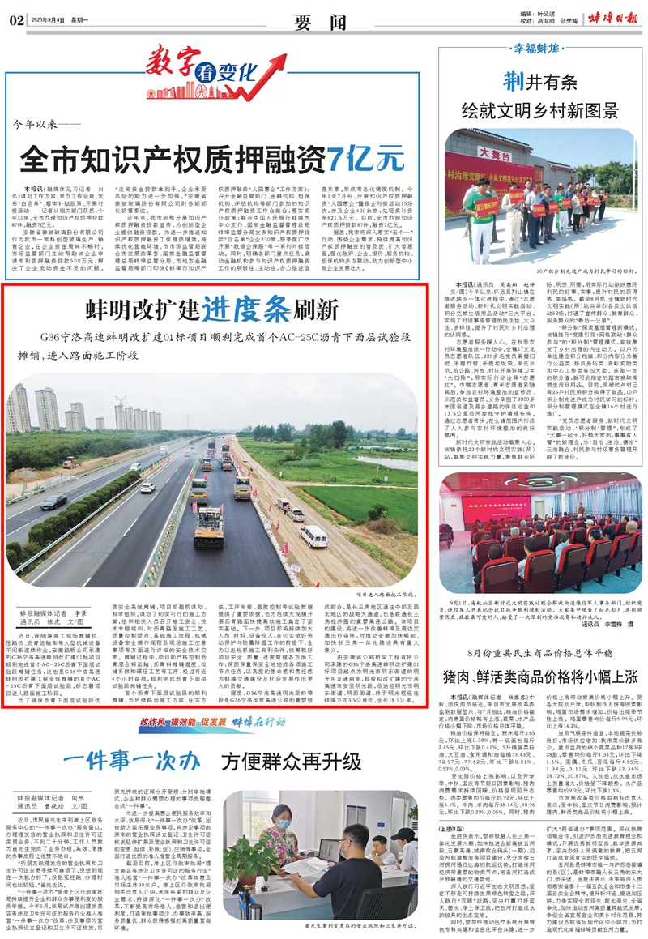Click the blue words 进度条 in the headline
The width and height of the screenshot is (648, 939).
click(x=237, y=308)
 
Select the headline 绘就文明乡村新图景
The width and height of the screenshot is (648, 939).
click(x=535, y=109)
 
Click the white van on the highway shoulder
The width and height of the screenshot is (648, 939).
click(x=313, y=536)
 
